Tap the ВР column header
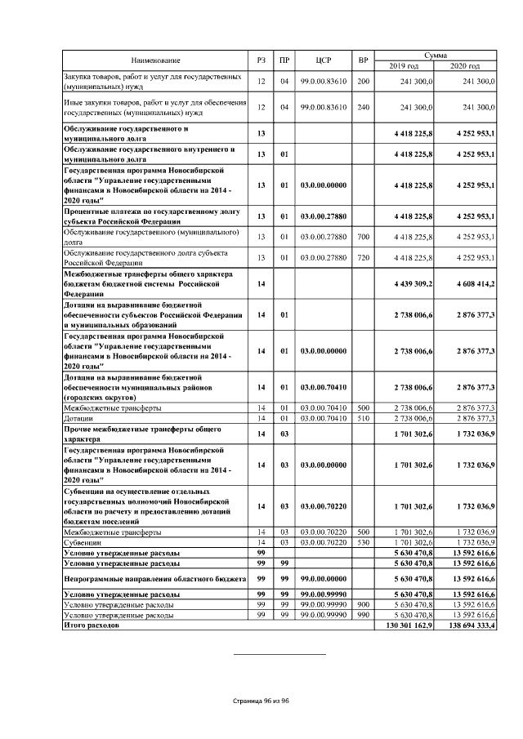point(363,60)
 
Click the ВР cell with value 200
point(363,82)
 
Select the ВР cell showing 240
point(363,107)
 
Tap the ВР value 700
point(363,237)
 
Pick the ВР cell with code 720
point(363,258)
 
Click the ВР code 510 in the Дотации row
point(363,418)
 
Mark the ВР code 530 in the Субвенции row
point(363,542)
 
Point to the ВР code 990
point(363,615)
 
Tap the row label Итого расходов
point(92,625)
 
